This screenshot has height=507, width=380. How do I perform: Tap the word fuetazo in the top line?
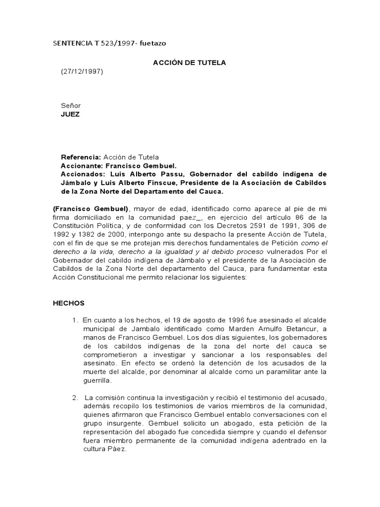(156, 44)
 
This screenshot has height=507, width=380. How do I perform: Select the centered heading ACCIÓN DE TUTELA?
(182, 62)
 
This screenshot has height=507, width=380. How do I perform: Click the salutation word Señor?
(71, 105)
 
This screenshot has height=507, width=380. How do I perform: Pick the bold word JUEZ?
(70, 114)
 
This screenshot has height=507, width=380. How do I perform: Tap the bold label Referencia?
(81, 157)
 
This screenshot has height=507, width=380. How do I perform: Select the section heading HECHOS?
(69, 303)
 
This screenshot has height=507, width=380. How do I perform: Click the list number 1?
(75, 320)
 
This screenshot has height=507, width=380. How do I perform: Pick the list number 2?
(75, 398)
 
